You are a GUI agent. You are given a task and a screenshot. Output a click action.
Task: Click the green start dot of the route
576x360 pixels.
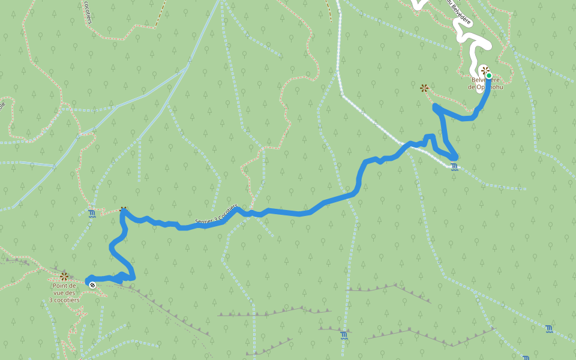(489, 76)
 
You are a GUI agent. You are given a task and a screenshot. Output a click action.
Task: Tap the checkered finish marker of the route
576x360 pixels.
(92, 285)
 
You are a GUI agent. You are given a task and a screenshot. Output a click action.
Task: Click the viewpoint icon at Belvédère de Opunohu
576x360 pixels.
(485, 70)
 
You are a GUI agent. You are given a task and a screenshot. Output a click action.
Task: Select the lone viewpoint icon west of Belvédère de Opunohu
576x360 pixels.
(424, 88)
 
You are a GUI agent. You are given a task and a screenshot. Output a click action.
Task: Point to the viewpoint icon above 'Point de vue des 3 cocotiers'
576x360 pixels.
(64, 277)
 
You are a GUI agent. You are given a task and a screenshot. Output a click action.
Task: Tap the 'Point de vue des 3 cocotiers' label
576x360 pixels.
(63, 292)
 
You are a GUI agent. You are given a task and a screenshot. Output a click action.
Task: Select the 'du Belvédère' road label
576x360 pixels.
(458, 12)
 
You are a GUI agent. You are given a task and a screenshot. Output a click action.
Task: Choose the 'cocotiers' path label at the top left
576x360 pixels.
(88, 11)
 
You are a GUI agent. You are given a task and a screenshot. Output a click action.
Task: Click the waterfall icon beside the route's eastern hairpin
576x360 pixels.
(454, 167)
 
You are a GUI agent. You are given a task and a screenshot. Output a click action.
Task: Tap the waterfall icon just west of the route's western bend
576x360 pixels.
(92, 213)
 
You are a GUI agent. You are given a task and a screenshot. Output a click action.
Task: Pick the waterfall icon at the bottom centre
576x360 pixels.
(343, 335)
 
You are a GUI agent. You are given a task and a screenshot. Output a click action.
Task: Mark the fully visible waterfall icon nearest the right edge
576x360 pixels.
(550, 328)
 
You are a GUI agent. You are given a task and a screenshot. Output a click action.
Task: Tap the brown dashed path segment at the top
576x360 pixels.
(158, 18)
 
